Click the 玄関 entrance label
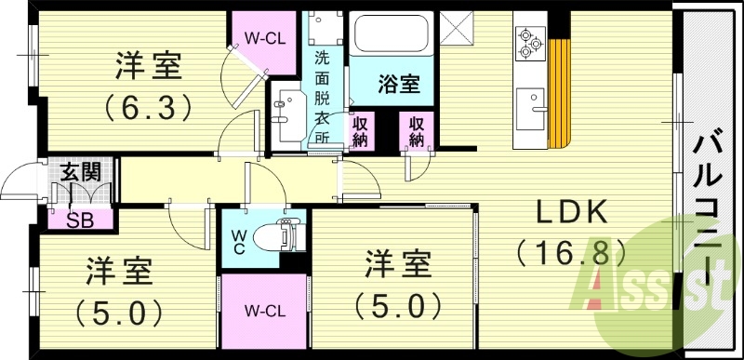[x=82, y=172]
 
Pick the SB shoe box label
[x=81, y=220]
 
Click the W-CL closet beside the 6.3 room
[x=265, y=38]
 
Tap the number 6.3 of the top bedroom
[x=149, y=105]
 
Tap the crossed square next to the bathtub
[x=458, y=29]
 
